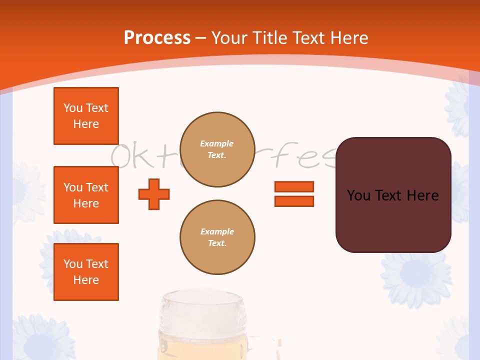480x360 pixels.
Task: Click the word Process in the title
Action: click(x=157, y=37)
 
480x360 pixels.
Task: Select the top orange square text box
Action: click(x=86, y=116)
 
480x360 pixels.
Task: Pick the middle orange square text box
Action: click(x=86, y=195)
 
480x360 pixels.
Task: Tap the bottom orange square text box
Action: click(x=86, y=272)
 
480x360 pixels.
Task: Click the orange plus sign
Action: click(x=154, y=194)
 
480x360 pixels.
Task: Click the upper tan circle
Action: click(x=217, y=149)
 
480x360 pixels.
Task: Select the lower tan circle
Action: click(x=217, y=237)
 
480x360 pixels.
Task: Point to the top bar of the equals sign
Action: click(x=294, y=186)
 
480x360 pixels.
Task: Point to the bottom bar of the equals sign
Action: click(x=294, y=201)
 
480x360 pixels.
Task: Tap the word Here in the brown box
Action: click(x=422, y=195)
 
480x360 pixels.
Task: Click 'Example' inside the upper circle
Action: click(x=217, y=143)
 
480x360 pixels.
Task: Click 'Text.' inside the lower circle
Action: click(x=217, y=243)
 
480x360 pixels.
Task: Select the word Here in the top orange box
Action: click(x=86, y=124)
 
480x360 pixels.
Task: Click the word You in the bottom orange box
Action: click(x=73, y=264)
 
